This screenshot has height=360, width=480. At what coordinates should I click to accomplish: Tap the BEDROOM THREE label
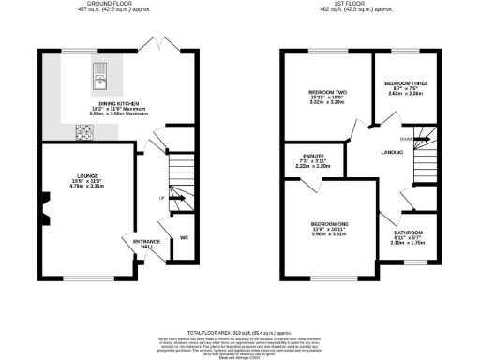pos(405,83)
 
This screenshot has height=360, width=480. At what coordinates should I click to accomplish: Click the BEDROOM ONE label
pos(330,223)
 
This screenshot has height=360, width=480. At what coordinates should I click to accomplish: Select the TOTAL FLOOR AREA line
pos(240,333)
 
